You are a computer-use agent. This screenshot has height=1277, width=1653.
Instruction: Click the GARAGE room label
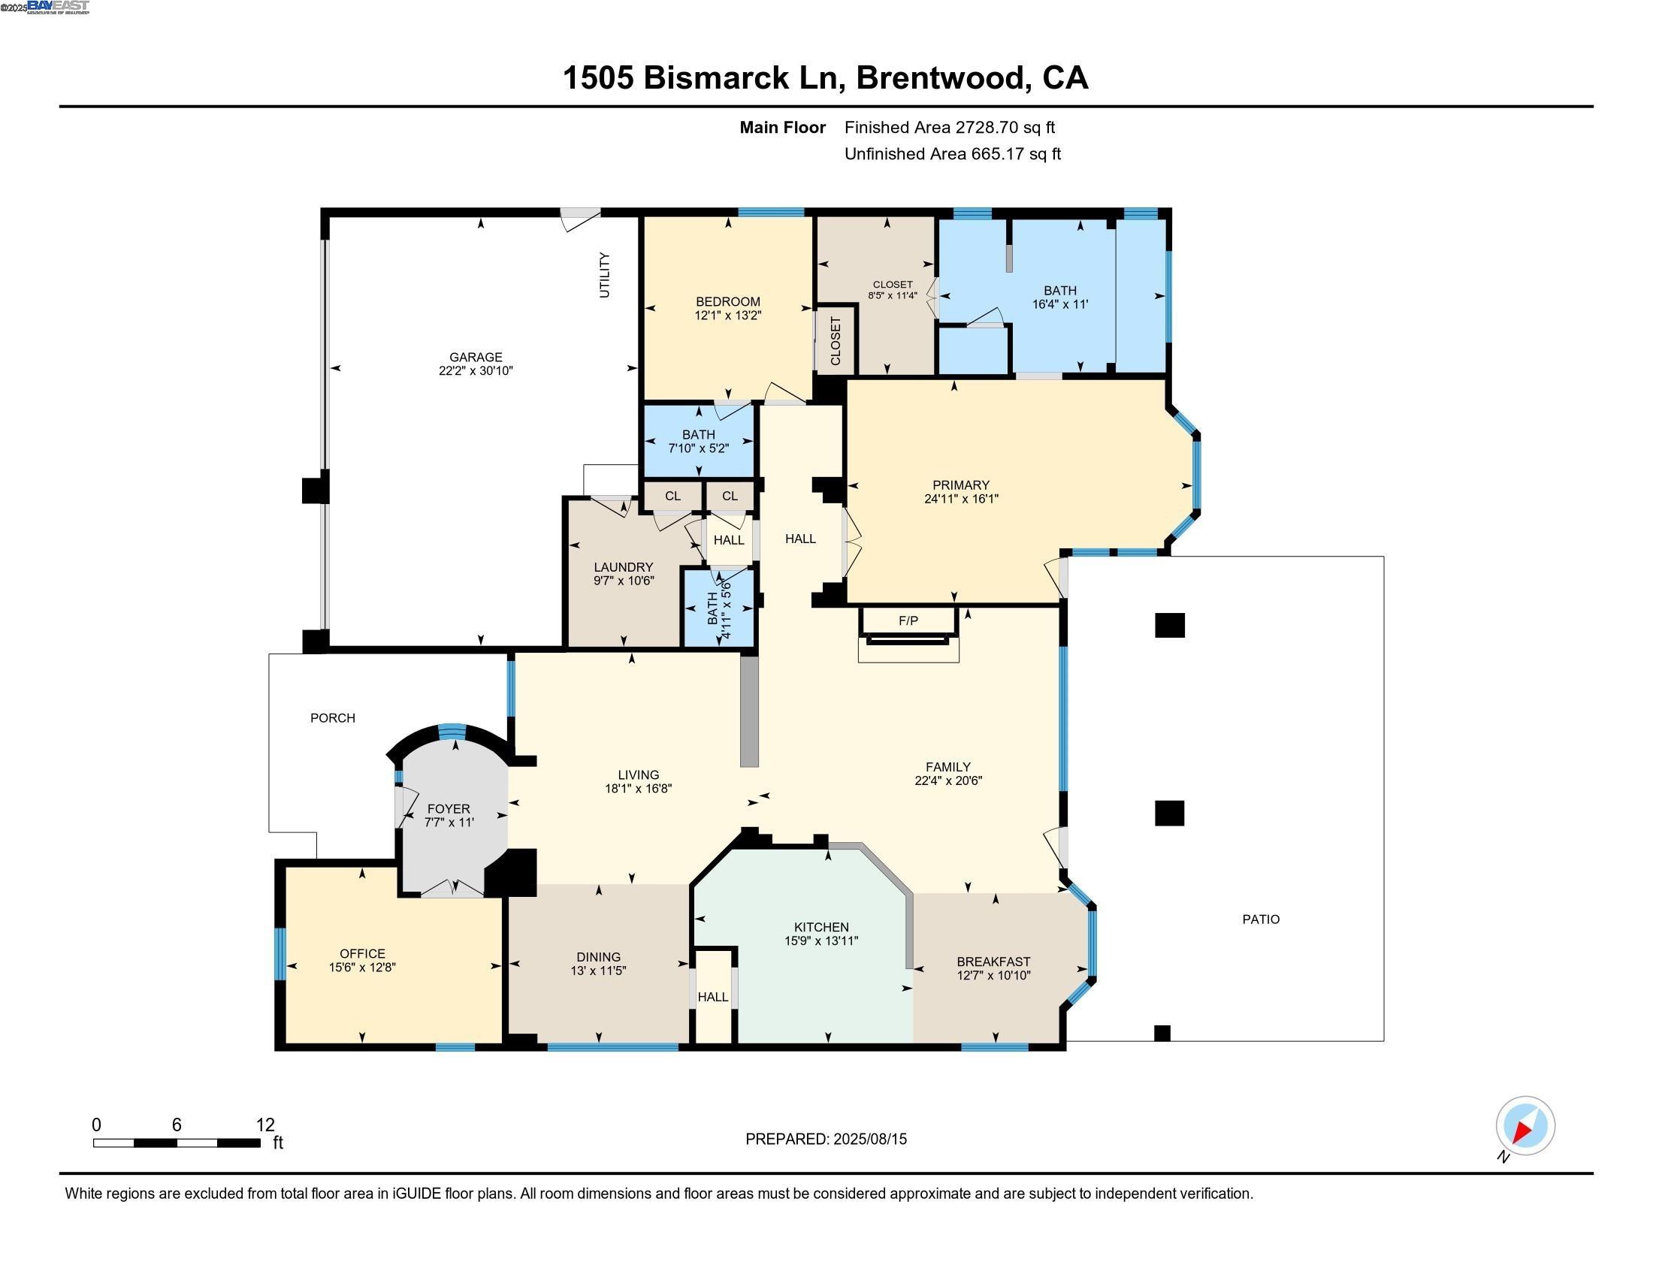tap(476, 357)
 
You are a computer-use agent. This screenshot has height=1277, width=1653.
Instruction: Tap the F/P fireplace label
tap(908, 621)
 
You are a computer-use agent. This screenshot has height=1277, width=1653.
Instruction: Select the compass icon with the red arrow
tap(1525, 1126)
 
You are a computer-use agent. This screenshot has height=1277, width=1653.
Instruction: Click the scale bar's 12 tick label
tap(265, 1125)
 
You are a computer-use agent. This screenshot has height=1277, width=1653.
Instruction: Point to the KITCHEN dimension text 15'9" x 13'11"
tap(821, 941)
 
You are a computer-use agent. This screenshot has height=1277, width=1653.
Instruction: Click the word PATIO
tap(1261, 919)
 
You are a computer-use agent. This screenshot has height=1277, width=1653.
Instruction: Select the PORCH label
tap(332, 718)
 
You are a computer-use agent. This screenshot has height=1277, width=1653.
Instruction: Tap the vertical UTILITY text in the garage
tap(604, 276)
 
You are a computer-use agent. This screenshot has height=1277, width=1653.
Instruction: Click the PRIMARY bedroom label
tap(960, 485)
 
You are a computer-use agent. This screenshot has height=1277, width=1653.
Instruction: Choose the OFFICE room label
tap(362, 954)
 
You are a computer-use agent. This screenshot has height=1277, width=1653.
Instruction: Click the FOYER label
tap(448, 809)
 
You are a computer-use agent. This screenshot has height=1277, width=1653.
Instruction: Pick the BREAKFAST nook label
tap(993, 962)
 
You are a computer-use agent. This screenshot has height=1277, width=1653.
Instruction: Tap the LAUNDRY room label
tap(623, 567)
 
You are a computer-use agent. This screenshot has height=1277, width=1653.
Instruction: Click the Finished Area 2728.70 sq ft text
tap(949, 128)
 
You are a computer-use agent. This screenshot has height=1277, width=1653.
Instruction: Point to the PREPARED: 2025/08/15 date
tap(826, 1140)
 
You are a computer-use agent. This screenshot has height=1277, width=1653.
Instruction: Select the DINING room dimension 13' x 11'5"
tap(598, 971)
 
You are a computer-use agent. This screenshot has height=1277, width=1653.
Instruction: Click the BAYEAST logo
tap(58, 7)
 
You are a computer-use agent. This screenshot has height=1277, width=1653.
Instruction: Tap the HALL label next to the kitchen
tap(712, 997)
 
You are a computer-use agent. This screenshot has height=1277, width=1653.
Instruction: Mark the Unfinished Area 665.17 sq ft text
tap(952, 154)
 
